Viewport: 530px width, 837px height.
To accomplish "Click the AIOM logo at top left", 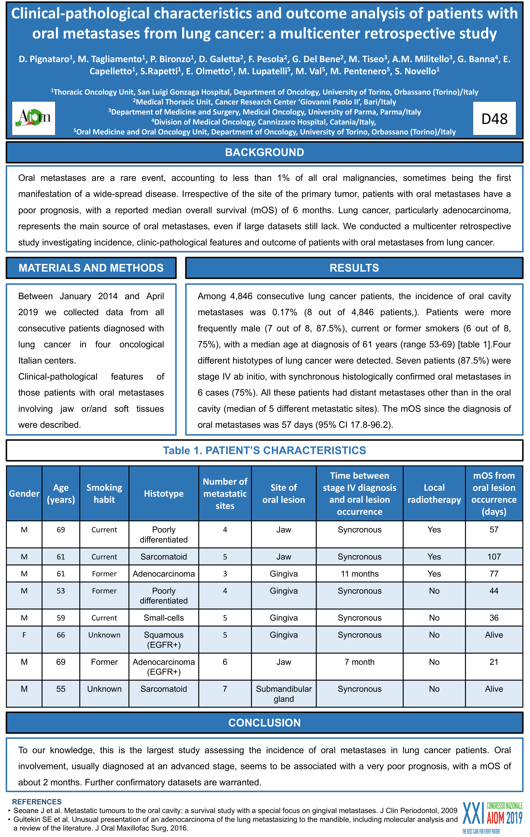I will coord(34,118).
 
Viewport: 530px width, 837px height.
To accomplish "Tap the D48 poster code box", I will coord(494,119).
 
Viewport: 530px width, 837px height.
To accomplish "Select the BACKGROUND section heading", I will coord(265,152).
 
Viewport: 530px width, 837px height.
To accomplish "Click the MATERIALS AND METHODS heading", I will coord(91,268).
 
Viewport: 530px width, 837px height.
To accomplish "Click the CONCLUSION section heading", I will coord(265,723).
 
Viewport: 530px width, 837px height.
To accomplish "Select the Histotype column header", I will coord(164,494).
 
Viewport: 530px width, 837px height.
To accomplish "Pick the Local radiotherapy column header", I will coord(434,494).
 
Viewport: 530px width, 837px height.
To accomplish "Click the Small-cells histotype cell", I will coord(164,618).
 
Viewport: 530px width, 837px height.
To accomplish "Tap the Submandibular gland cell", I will coord(284,694).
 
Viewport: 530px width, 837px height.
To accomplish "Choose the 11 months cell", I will coord(359,574).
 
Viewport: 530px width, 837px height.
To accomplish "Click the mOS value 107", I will coord(494,557).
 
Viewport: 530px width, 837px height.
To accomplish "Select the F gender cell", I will coord(24,635).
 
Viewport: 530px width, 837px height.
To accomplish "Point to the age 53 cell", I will coord(61,591).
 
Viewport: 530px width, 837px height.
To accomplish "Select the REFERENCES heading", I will coord(37,802).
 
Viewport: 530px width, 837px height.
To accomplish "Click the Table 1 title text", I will coord(265,451).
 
